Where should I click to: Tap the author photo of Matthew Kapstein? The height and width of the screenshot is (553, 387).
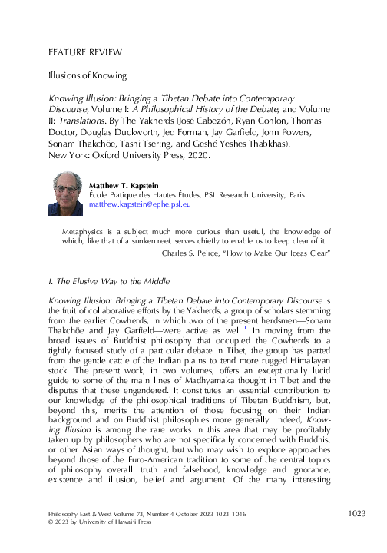65,193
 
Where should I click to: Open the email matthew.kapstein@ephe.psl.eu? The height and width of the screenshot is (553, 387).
141,205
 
